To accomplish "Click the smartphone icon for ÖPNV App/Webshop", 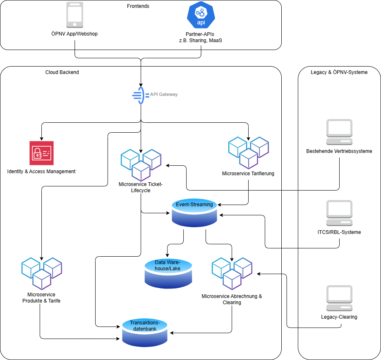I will click(x=75, y=15).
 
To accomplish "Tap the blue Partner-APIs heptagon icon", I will click(x=201, y=15).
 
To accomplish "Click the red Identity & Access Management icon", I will click(x=41, y=153).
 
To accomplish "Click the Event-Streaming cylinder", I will click(x=194, y=212).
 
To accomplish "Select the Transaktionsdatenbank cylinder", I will click(x=145, y=332).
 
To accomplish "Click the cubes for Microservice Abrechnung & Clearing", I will click(x=232, y=273).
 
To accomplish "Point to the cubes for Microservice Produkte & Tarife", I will click(x=41, y=273).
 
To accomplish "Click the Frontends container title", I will click(x=138, y=6).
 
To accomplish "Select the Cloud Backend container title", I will click(x=62, y=72).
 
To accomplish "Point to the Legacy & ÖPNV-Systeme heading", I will click(x=339, y=72).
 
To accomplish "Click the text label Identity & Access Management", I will click(x=41, y=171).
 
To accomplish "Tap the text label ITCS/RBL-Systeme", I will click(x=339, y=232).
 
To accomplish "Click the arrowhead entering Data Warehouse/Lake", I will click(x=168, y=255).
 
